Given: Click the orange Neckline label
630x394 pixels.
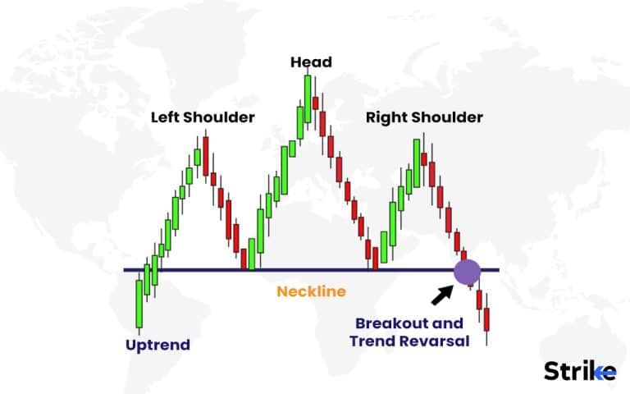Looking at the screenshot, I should pyautogui.click(x=311, y=291).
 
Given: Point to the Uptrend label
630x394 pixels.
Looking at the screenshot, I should pyautogui.click(x=157, y=345).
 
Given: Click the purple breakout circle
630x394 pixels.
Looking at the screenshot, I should pyautogui.click(x=467, y=272).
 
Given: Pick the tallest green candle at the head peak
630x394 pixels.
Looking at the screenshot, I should pyautogui.click(x=307, y=103).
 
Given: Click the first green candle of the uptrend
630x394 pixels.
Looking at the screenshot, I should pyautogui.click(x=139, y=302).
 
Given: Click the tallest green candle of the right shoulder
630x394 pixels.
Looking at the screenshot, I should pyautogui.click(x=417, y=163).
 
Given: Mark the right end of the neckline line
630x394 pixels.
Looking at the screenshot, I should pyautogui.click(x=497, y=270).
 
